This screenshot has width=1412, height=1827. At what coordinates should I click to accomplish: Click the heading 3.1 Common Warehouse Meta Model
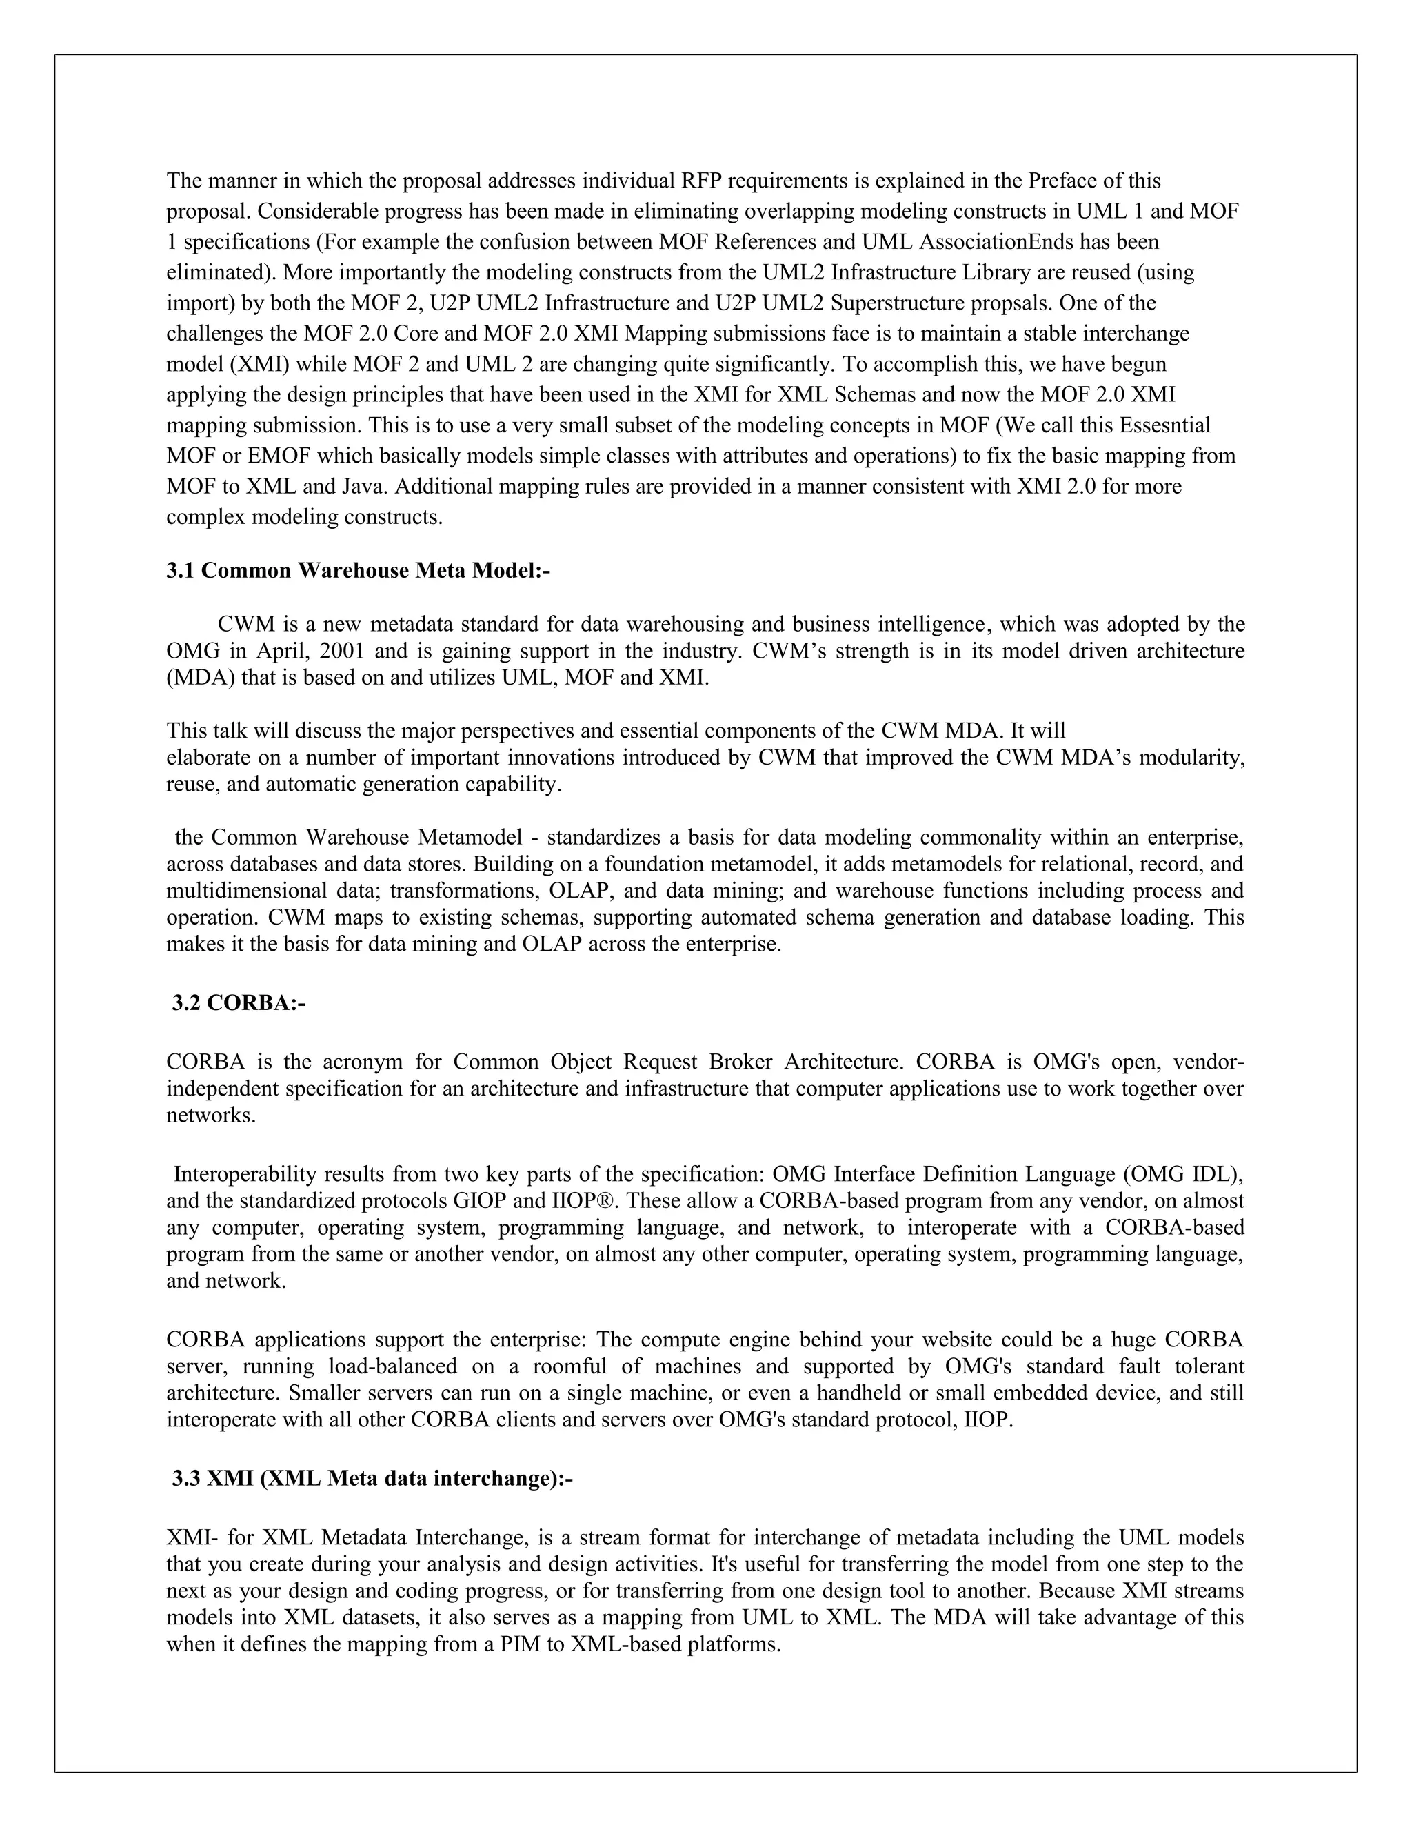coord(358,571)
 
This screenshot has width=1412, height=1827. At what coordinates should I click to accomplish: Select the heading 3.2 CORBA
coord(239,1002)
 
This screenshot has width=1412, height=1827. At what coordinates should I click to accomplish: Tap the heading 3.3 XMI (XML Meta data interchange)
coord(372,1478)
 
